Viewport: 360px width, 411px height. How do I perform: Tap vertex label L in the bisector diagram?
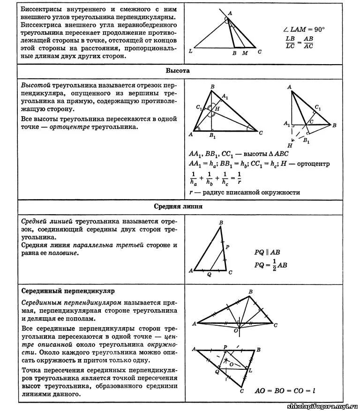tap(190, 52)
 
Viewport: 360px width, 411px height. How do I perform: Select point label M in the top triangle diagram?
tap(245, 53)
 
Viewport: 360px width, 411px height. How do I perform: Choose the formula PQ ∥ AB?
tap(268, 252)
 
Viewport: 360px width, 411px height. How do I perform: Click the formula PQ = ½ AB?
tap(270, 265)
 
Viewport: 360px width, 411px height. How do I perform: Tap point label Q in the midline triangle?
tap(209, 275)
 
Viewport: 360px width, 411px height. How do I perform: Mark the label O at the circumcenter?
tap(236, 330)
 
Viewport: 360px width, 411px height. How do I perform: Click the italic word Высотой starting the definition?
tap(36, 86)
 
